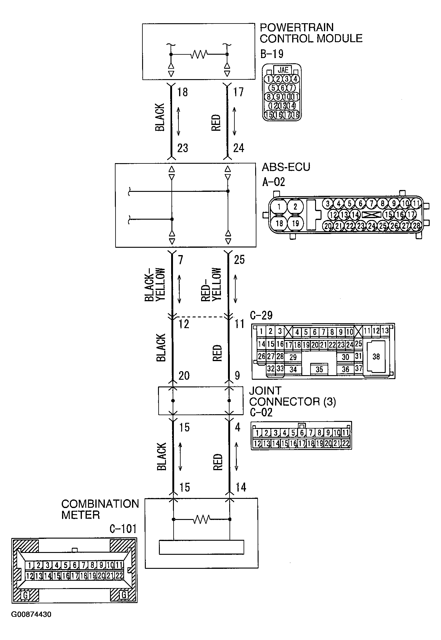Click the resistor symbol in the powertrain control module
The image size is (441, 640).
(x=199, y=54)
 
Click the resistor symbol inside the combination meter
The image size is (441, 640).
(x=202, y=519)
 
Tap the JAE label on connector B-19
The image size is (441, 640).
(x=283, y=69)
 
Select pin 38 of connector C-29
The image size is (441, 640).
(x=376, y=357)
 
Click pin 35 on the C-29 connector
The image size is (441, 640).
(x=319, y=369)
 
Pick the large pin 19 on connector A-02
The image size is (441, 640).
(x=295, y=223)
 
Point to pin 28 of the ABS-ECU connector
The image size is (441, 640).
(x=416, y=226)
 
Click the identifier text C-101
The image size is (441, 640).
(x=123, y=529)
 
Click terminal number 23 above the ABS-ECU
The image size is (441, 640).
(x=182, y=148)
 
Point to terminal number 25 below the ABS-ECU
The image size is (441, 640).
(x=239, y=260)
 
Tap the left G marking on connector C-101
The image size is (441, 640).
(x=25, y=595)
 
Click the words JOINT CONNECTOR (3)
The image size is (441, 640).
(x=292, y=396)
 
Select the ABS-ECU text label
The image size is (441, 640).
(x=286, y=167)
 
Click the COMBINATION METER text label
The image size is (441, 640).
(x=100, y=509)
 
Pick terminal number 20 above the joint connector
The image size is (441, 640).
(x=184, y=375)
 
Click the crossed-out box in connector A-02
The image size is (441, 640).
(x=371, y=215)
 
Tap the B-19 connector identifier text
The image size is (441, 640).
(x=272, y=54)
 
